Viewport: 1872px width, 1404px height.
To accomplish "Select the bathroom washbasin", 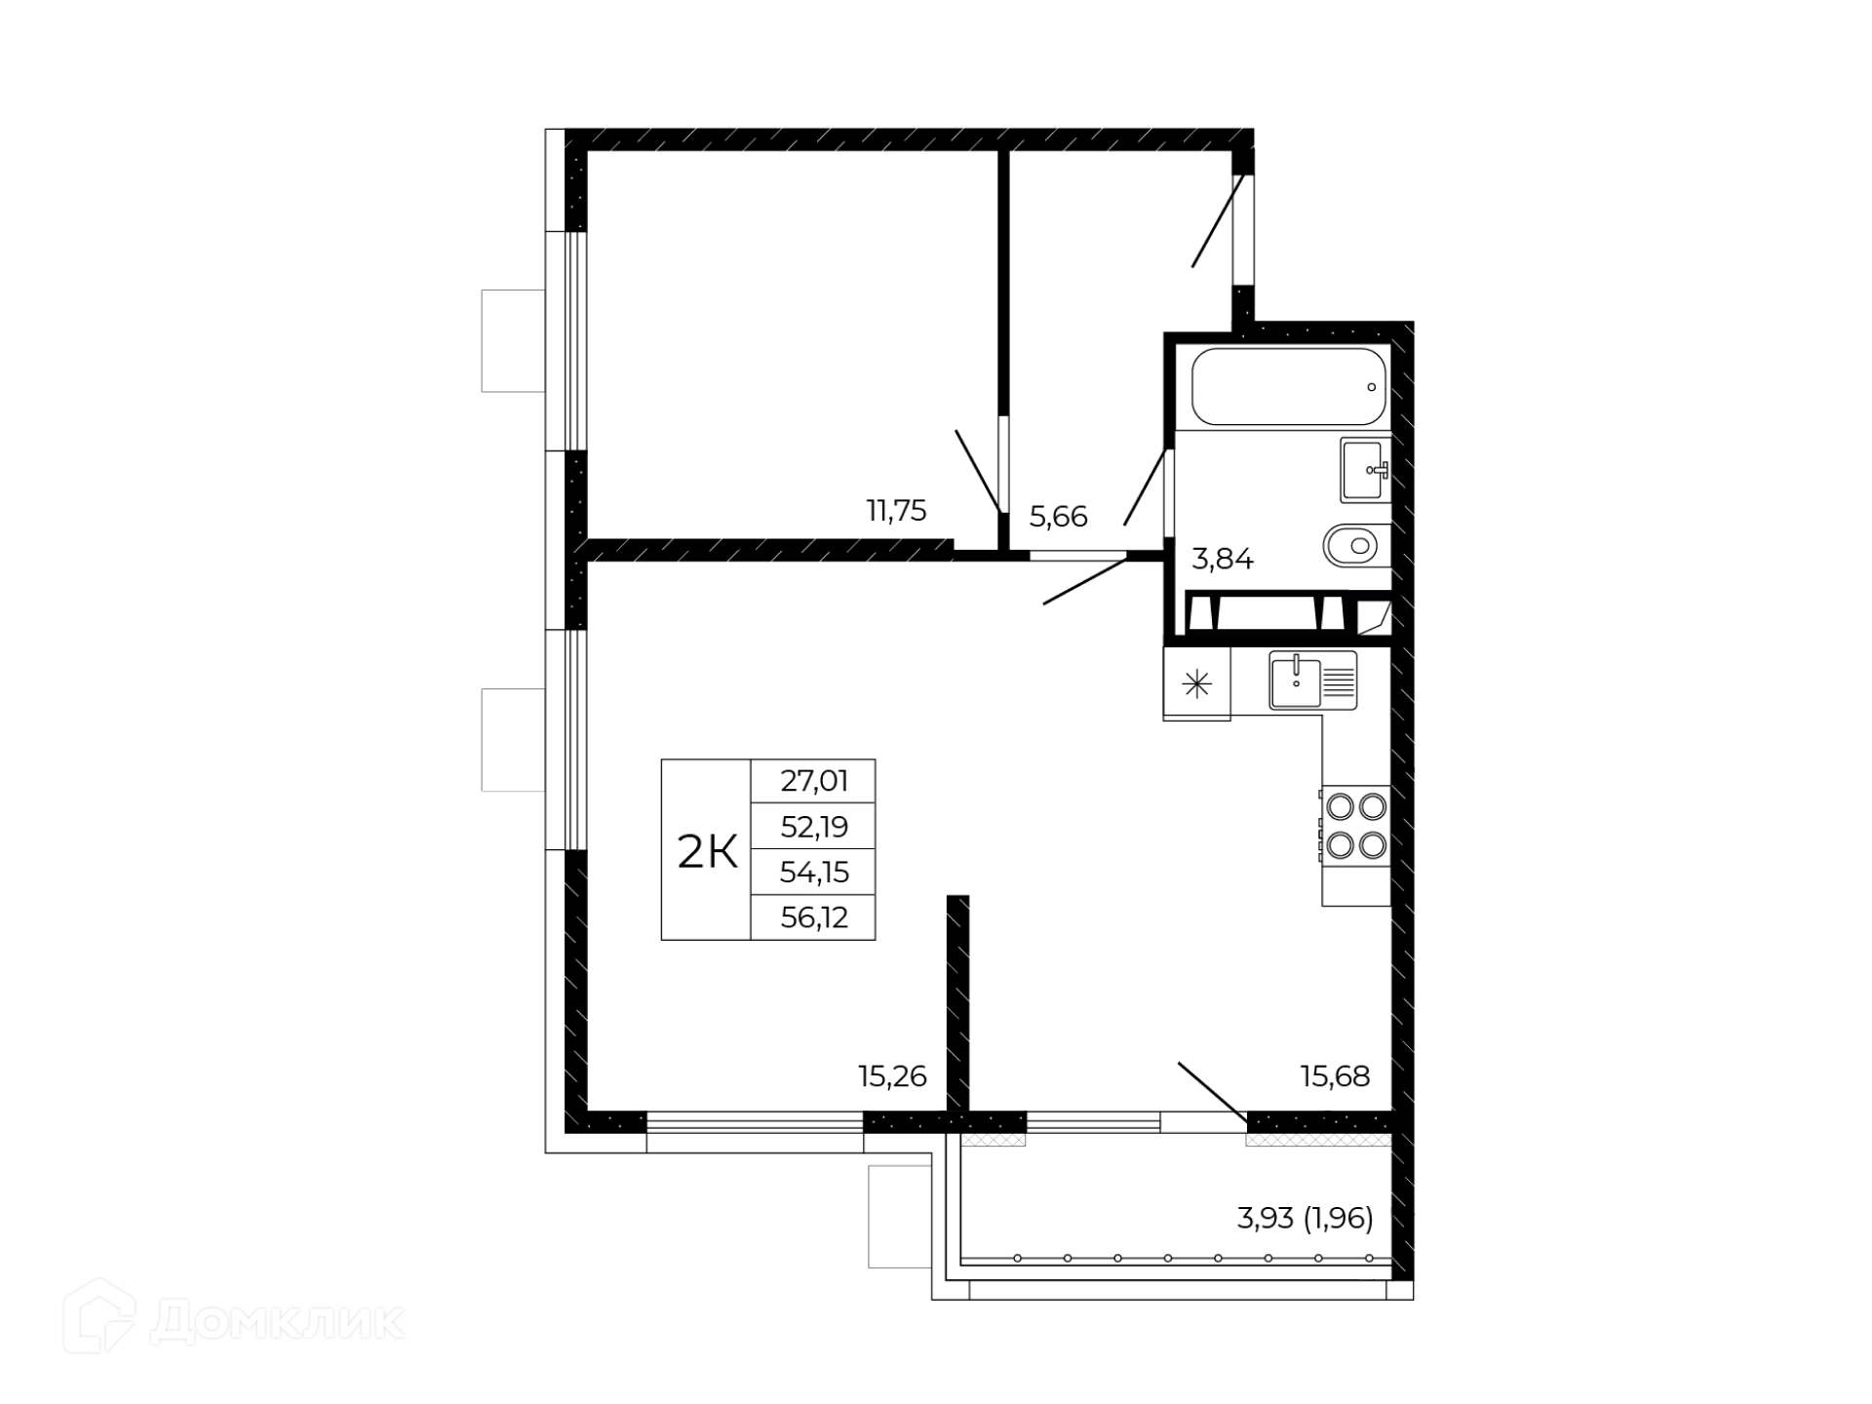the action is coord(1365,470).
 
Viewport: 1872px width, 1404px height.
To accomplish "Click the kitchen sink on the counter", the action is coord(1312,681).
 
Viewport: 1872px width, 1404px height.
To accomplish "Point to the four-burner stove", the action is coord(1356,825).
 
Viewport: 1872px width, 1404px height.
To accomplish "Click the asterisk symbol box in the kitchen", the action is coord(1196,683).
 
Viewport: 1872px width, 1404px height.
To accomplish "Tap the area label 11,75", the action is coord(896,510).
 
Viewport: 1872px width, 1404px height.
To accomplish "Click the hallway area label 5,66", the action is coord(1058,517).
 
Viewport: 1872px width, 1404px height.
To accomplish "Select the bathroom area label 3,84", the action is coord(1223,560).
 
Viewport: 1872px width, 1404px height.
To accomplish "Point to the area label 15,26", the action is coord(892,1076).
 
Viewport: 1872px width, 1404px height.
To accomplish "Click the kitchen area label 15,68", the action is coord(1335,1076).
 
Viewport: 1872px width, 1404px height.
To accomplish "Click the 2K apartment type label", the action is coord(707,853).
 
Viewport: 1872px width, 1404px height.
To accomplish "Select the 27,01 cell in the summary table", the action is coord(814,781).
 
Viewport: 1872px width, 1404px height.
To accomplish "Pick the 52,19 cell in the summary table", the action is coord(814,827).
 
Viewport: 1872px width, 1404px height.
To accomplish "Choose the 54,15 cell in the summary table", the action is coord(814,872).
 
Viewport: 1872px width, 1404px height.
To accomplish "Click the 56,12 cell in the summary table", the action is coord(814,917).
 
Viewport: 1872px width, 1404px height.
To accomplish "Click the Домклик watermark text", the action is coord(277,1322).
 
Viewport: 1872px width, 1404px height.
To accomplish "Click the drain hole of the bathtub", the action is coord(1371,387).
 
